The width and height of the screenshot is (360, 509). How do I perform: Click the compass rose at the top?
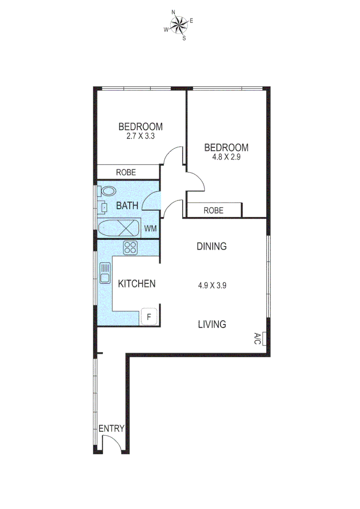(x=179, y=25)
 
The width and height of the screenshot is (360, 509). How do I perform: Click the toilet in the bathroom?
(x=107, y=191)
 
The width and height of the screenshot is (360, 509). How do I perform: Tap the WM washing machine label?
(x=150, y=229)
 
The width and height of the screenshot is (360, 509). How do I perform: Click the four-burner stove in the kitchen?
(x=131, y=247)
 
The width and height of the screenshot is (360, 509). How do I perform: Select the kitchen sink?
(x=105, y=272)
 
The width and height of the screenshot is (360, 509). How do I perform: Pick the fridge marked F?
(x=149, y=317)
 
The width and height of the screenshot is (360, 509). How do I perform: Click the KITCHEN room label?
(x=137, y=284)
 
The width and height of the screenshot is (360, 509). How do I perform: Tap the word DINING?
(x=212, y=246)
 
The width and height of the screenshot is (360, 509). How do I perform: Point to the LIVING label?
(x=212, y=324)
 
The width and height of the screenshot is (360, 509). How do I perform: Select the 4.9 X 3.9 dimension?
(x=212, y=285)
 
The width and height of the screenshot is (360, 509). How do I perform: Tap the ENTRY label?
(x=111, y=428)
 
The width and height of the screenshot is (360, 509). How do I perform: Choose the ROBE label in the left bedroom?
(x=126, y=172)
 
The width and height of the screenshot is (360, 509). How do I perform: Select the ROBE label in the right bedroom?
(x=213, y=210)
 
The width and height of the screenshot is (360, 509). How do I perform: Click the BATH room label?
(x=127, y=205)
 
